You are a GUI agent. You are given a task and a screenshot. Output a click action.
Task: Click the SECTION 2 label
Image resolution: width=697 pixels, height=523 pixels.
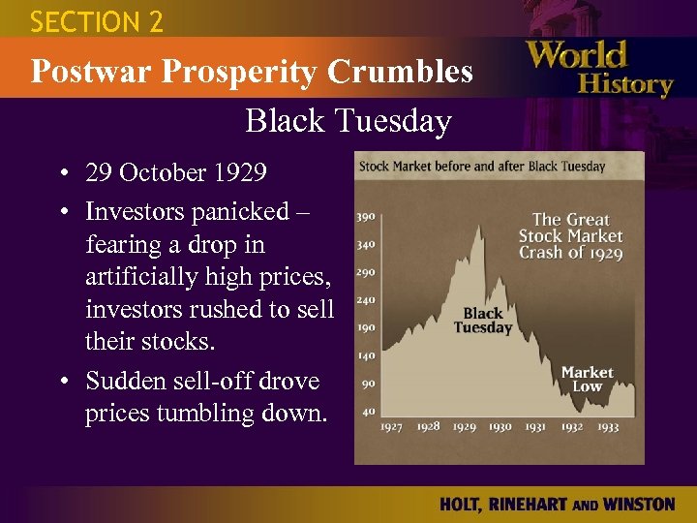[x=97, y=21]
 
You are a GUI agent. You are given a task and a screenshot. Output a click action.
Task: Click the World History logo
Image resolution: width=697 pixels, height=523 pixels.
[x=599, y=69]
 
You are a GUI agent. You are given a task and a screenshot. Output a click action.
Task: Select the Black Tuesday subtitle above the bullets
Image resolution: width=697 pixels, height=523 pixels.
[x=348, y=121]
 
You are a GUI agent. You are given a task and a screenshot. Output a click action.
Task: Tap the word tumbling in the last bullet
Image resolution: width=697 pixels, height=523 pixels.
[x=219, y=414]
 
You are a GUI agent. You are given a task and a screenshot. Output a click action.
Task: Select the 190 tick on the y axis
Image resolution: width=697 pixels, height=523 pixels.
[x=366, y=327]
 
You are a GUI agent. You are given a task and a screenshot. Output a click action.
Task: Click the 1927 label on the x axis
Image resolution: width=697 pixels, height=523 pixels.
[x=392, y=427]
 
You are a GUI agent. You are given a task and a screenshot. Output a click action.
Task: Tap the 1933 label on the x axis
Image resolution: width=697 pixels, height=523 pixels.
[x=608, y=427]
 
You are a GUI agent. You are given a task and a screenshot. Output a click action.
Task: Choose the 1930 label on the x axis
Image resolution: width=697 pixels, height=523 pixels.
[x=500, y=427]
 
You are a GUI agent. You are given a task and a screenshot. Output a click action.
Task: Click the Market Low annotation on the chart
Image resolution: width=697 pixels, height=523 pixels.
[x=587, y=379]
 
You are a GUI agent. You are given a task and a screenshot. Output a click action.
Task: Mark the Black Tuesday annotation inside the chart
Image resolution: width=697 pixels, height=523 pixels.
[x=483, y=320]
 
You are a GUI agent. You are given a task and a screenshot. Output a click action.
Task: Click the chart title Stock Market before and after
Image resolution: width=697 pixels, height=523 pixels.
[x=482, y=166]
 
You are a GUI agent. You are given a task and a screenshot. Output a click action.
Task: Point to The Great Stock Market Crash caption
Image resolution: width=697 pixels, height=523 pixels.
[x=571, y=236]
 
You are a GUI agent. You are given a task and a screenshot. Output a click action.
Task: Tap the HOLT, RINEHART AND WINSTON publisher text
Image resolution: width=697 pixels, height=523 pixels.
[x=557, y=504]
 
